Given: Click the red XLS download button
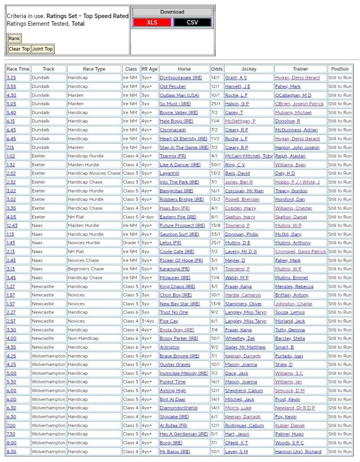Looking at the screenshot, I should (152, 23).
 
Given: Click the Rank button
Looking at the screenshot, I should (14, 38).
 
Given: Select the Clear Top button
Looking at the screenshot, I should (19, 49).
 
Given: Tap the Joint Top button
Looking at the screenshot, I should (42, 49).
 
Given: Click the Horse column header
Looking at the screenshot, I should (184, 69).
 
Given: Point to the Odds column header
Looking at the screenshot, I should (217, 69).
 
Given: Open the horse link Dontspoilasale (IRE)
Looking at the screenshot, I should (181, 78).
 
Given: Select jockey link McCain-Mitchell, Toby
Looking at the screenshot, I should (249, 156).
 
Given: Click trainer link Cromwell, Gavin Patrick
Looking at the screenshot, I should (300, 251).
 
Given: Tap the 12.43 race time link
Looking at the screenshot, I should (12, 226).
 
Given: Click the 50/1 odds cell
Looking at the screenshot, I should (217, 165).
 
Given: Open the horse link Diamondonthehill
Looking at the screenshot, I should (179, 408).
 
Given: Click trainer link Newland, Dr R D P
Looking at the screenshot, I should (295, 408).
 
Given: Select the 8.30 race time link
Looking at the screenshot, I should (11, 451).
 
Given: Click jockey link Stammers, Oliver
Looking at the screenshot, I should (243, 304).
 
